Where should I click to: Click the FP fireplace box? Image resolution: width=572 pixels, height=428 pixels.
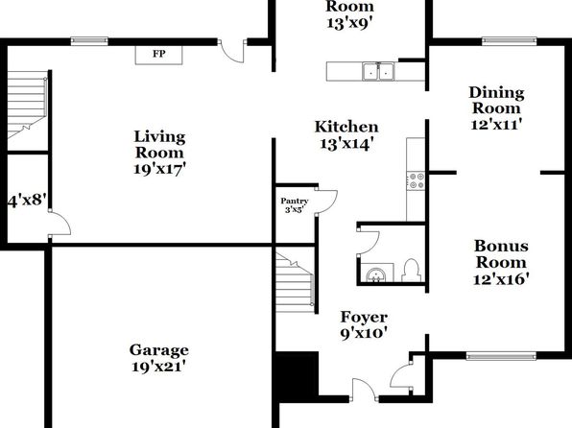point(158,55)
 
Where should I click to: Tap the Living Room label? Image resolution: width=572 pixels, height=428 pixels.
point(159,154)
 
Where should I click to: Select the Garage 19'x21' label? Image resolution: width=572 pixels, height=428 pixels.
point(159,358)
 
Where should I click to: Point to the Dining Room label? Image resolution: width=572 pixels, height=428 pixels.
point(496,108)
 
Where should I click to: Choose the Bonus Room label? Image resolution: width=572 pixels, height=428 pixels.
point(501,262)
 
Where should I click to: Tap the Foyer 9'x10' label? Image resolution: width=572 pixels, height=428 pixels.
point(364,325)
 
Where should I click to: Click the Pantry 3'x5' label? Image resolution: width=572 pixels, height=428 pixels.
point(295,205)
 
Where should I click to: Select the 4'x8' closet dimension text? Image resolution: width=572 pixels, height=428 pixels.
point(28,201)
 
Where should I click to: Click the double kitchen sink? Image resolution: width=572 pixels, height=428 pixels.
point(378,71)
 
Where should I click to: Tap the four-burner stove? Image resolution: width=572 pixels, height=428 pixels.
point(417,180)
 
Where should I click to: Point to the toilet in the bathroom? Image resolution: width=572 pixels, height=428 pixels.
point(411,270)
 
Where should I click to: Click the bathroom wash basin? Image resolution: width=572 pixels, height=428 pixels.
point(375,274)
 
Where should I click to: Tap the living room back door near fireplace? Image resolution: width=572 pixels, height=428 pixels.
point(232,51)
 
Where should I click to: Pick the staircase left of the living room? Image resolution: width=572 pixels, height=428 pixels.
point(28,105)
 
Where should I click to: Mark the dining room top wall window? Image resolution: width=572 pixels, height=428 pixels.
point(509,41)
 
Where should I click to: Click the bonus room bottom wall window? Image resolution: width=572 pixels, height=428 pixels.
point(502,355)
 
